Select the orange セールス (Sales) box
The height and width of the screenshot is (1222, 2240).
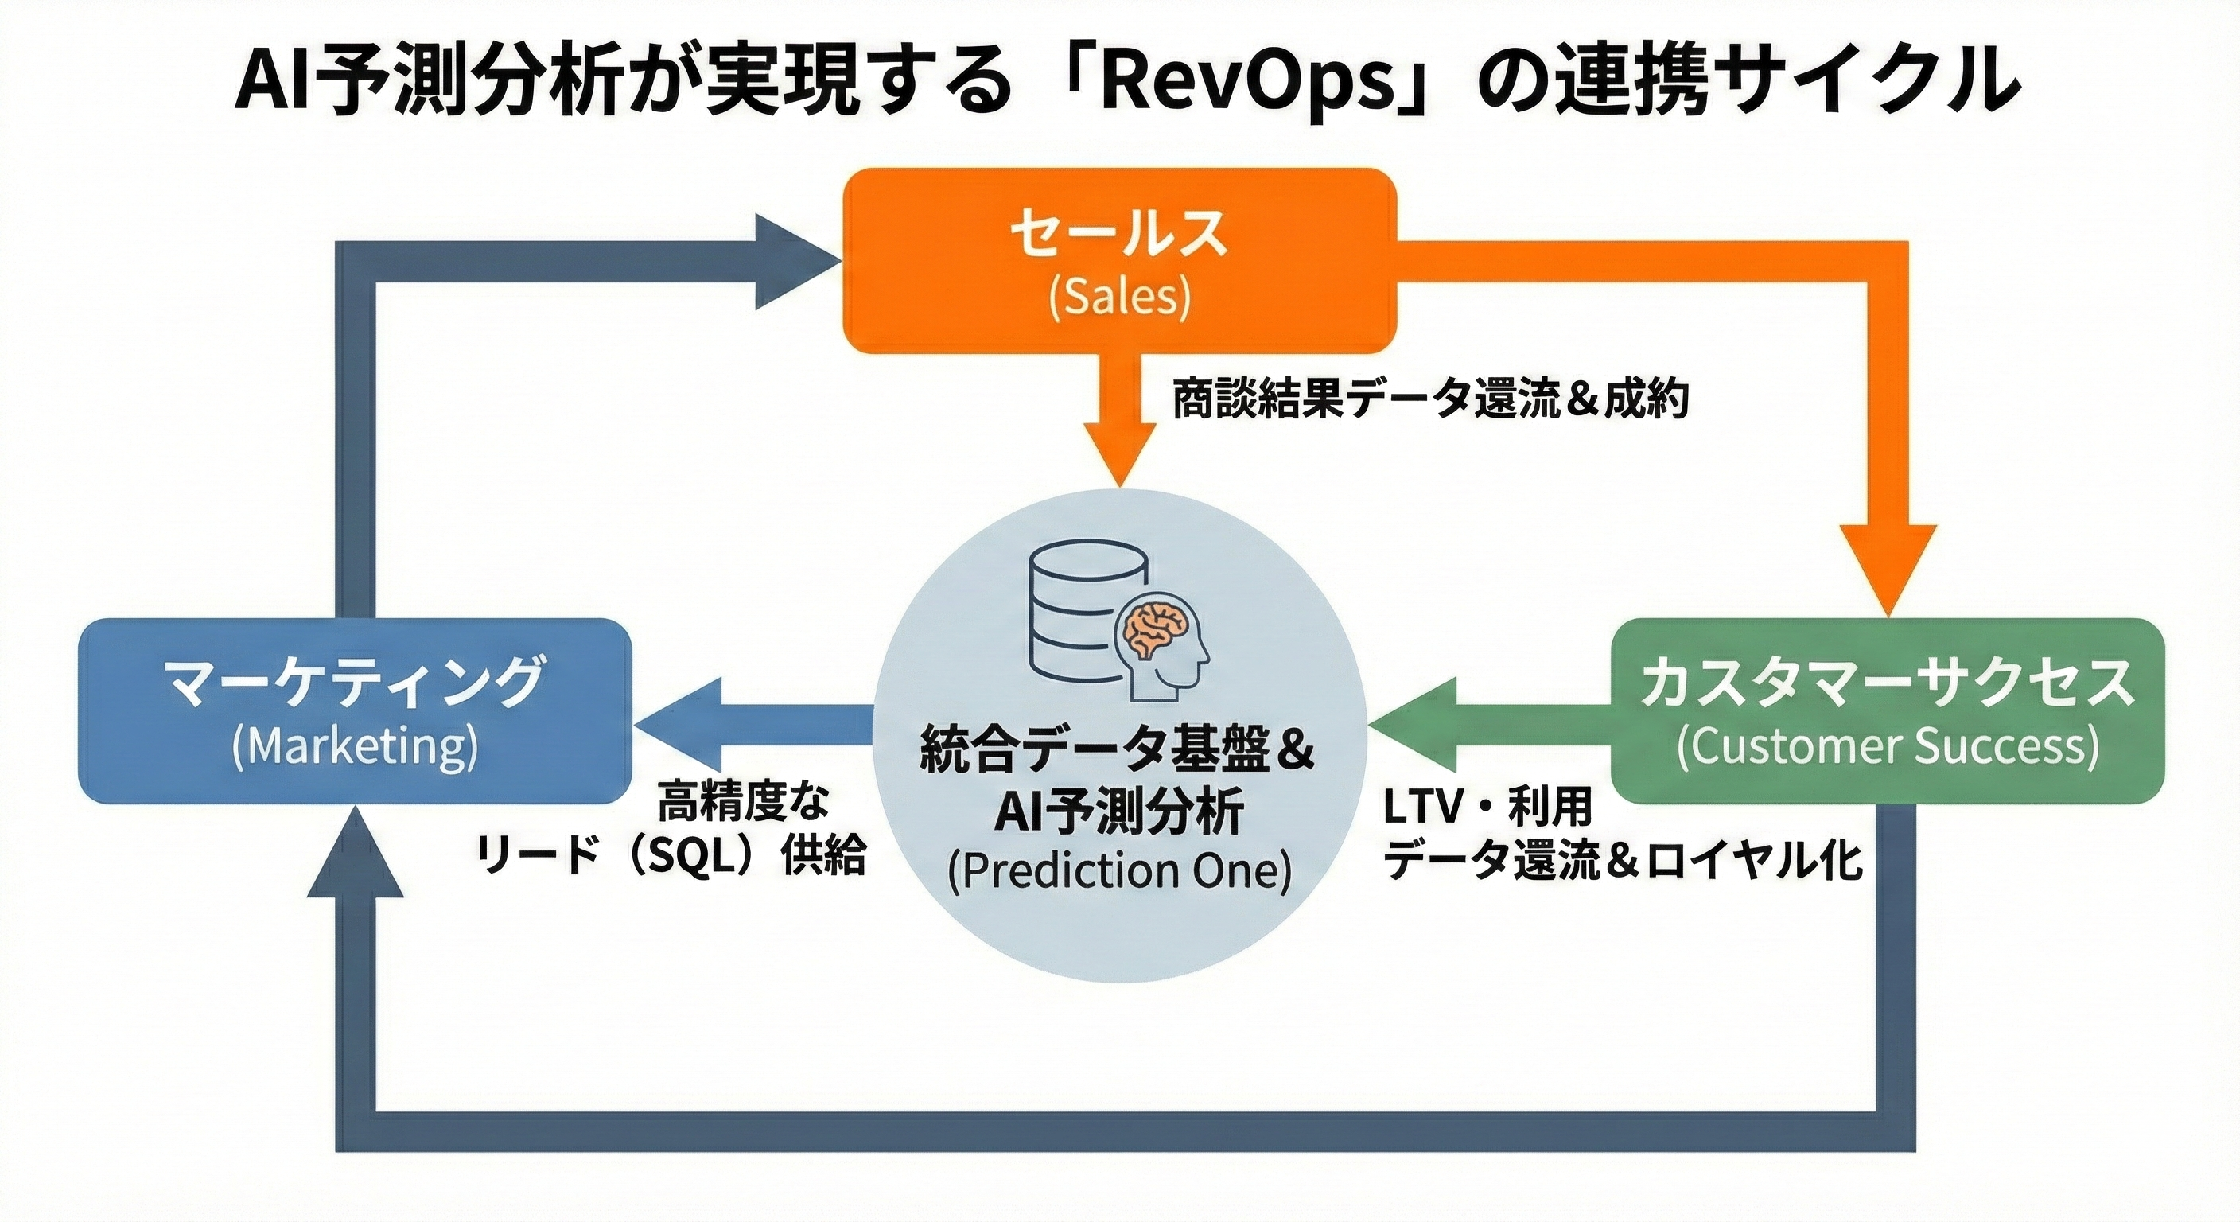(x=1119, y=261)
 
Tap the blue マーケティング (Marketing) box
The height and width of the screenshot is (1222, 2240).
(x=355, y=710)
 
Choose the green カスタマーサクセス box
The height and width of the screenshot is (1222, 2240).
(x=1887, y=710)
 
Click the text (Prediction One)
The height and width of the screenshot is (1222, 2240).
(x=1119, y=871)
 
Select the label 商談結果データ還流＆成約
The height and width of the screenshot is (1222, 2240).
(x=1430, y=399)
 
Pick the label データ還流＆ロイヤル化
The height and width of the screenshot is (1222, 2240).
(x=1623, y=860)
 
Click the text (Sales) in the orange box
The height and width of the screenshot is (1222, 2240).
(x=1119, y=298)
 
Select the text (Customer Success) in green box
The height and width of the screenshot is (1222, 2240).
(x=1887, y=746)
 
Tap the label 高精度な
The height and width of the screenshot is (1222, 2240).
(x=744, y=800)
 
